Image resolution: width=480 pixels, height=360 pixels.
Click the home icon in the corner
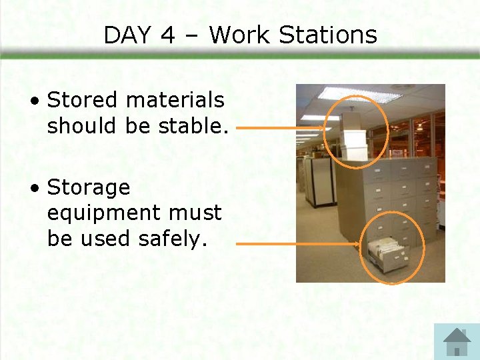click(x=457, y=341)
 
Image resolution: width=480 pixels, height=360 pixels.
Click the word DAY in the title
click(x=127, y=35)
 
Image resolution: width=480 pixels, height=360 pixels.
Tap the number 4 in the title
click(x=168, y=35)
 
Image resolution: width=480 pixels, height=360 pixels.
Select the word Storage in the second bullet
click(x=89, y=187)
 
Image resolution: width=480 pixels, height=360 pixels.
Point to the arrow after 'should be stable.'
click(x=280, y=128)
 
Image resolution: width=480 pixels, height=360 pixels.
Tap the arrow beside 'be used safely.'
click(x=297, y=244)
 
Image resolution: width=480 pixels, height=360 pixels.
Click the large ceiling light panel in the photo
click(x=360, y=95)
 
